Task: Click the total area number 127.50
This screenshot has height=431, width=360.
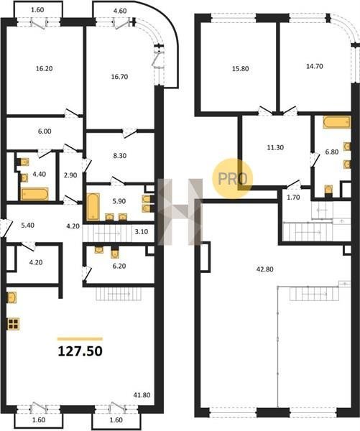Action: (80, 351)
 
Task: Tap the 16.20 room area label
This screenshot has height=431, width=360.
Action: (44, 68)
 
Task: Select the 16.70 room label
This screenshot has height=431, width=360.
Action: (119, 77)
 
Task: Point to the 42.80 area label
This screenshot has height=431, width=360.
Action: (265, 269)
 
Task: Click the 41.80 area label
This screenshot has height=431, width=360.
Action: (142, 395)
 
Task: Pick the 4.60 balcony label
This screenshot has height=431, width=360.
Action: (120, 11)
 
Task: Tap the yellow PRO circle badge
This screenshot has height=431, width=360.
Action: (232, 178)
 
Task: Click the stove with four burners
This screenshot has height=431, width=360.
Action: (13, 324)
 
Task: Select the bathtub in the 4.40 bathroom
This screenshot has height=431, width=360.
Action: (34, 194)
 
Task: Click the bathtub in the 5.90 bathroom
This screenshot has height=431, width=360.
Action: (93, 207)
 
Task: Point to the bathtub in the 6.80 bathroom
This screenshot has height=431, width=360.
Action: (337, 122)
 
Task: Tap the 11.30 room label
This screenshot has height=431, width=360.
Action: (275, 147)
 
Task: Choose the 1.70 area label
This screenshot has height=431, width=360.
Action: (293, 198)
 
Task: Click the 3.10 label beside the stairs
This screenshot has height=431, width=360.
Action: (142, 232)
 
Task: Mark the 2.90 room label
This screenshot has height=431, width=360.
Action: (70, 175)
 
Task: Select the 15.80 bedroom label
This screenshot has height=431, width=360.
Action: (240, 68)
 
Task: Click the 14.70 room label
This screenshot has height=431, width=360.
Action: (314, 66)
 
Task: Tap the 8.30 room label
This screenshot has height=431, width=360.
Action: (119, 156)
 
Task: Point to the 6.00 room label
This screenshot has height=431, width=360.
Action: (45, 131)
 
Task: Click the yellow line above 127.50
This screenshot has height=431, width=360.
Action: (80, 339)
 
